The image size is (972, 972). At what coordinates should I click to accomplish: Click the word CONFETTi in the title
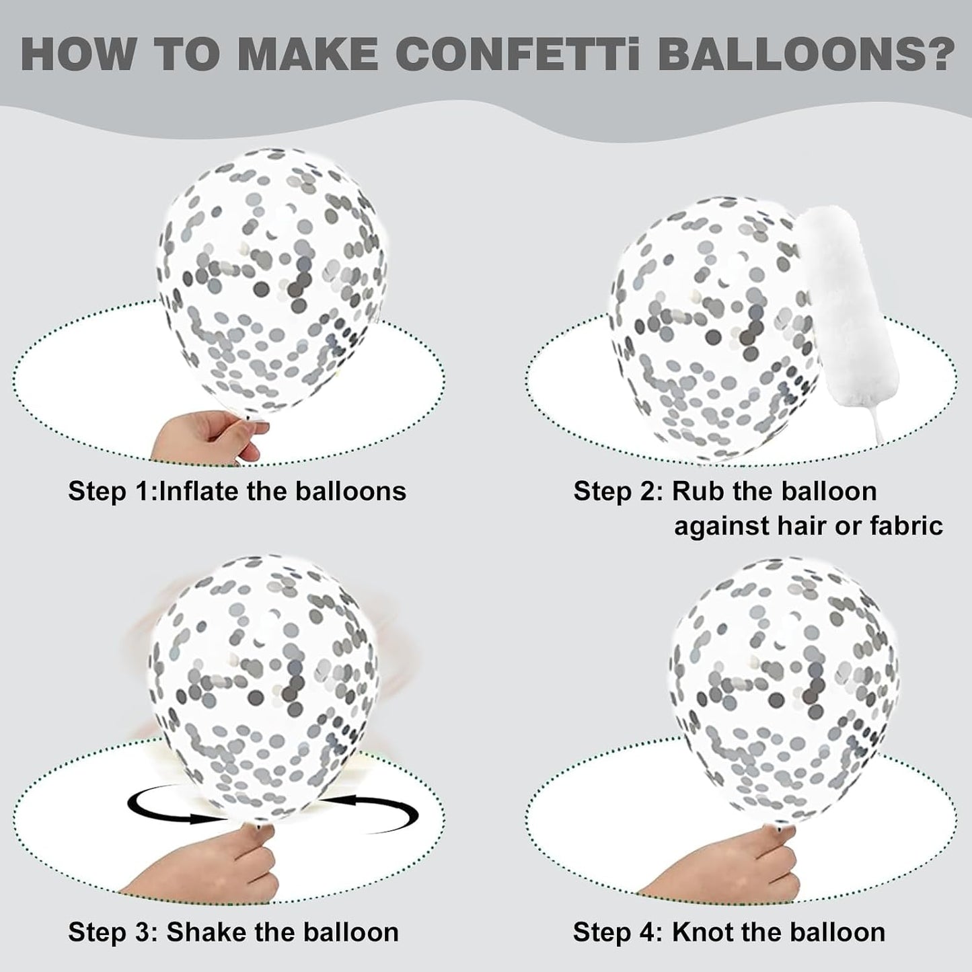point(517,54)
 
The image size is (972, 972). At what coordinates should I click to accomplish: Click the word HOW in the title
point(77,54)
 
